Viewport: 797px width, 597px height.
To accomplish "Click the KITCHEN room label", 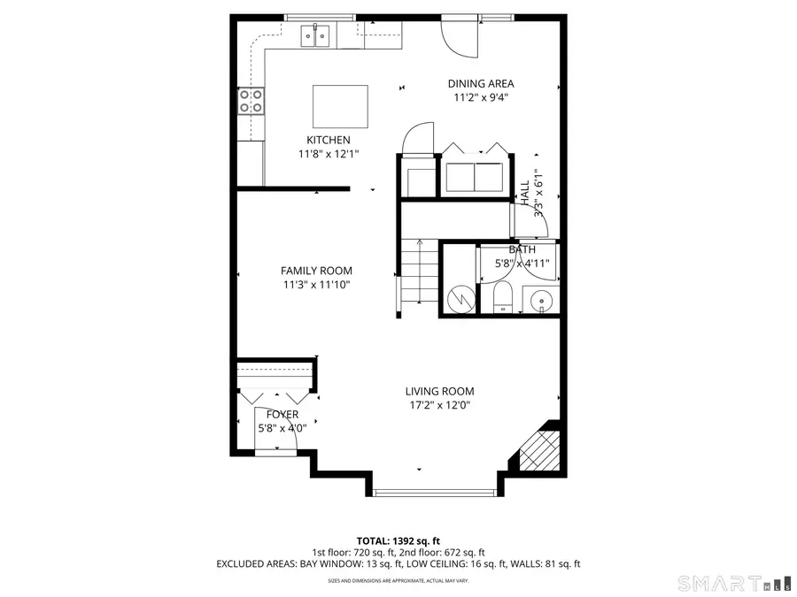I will point(328,140).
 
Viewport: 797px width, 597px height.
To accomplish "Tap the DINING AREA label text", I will point(480,84).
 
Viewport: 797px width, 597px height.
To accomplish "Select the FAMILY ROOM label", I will point(316,271).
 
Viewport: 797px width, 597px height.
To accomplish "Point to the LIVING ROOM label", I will point(439,391).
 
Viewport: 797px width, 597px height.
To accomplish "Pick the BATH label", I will point(522,249).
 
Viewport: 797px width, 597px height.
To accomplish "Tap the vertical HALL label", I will point(524,194).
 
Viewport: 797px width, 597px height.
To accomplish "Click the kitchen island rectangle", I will point(341,106).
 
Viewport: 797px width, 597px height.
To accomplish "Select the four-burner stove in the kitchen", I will point(251,102).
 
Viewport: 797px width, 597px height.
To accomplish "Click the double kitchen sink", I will point(314,35).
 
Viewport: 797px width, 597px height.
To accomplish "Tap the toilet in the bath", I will point(502,298).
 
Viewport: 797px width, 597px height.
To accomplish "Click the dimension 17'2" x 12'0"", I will point(439,405).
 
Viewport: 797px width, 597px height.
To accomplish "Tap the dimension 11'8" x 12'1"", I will point(328,154).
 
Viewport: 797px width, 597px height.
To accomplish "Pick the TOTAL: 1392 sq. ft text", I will point(398,540).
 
